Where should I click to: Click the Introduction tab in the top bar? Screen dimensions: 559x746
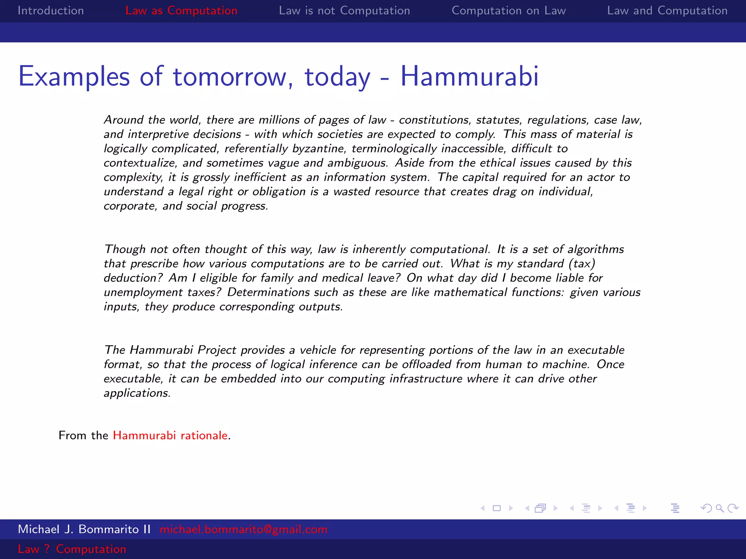(x=51, y=11)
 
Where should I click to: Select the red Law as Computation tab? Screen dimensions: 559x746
(x=181, y=11)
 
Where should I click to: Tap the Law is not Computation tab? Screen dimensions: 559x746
(x=344, y=11)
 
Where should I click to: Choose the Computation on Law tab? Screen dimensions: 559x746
(x=509, y=11)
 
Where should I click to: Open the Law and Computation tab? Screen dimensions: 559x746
(x=667, y=11)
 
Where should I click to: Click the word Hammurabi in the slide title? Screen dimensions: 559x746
(x=469, y=76)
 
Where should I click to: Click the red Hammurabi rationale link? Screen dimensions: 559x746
(x=170, y=435)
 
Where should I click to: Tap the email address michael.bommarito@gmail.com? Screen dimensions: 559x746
(x=243, y=529)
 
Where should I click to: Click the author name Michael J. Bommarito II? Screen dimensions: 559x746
(x=84, y=529)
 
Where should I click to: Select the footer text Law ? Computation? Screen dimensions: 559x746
(x=72, y=549)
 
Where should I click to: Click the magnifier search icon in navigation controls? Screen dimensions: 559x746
(x=719, y=508)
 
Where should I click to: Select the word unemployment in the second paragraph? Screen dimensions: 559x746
(x=143, y=293)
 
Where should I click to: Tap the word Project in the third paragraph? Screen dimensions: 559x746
(x=217, y=350)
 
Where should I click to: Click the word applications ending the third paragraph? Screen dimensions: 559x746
(x=137, y=393)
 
